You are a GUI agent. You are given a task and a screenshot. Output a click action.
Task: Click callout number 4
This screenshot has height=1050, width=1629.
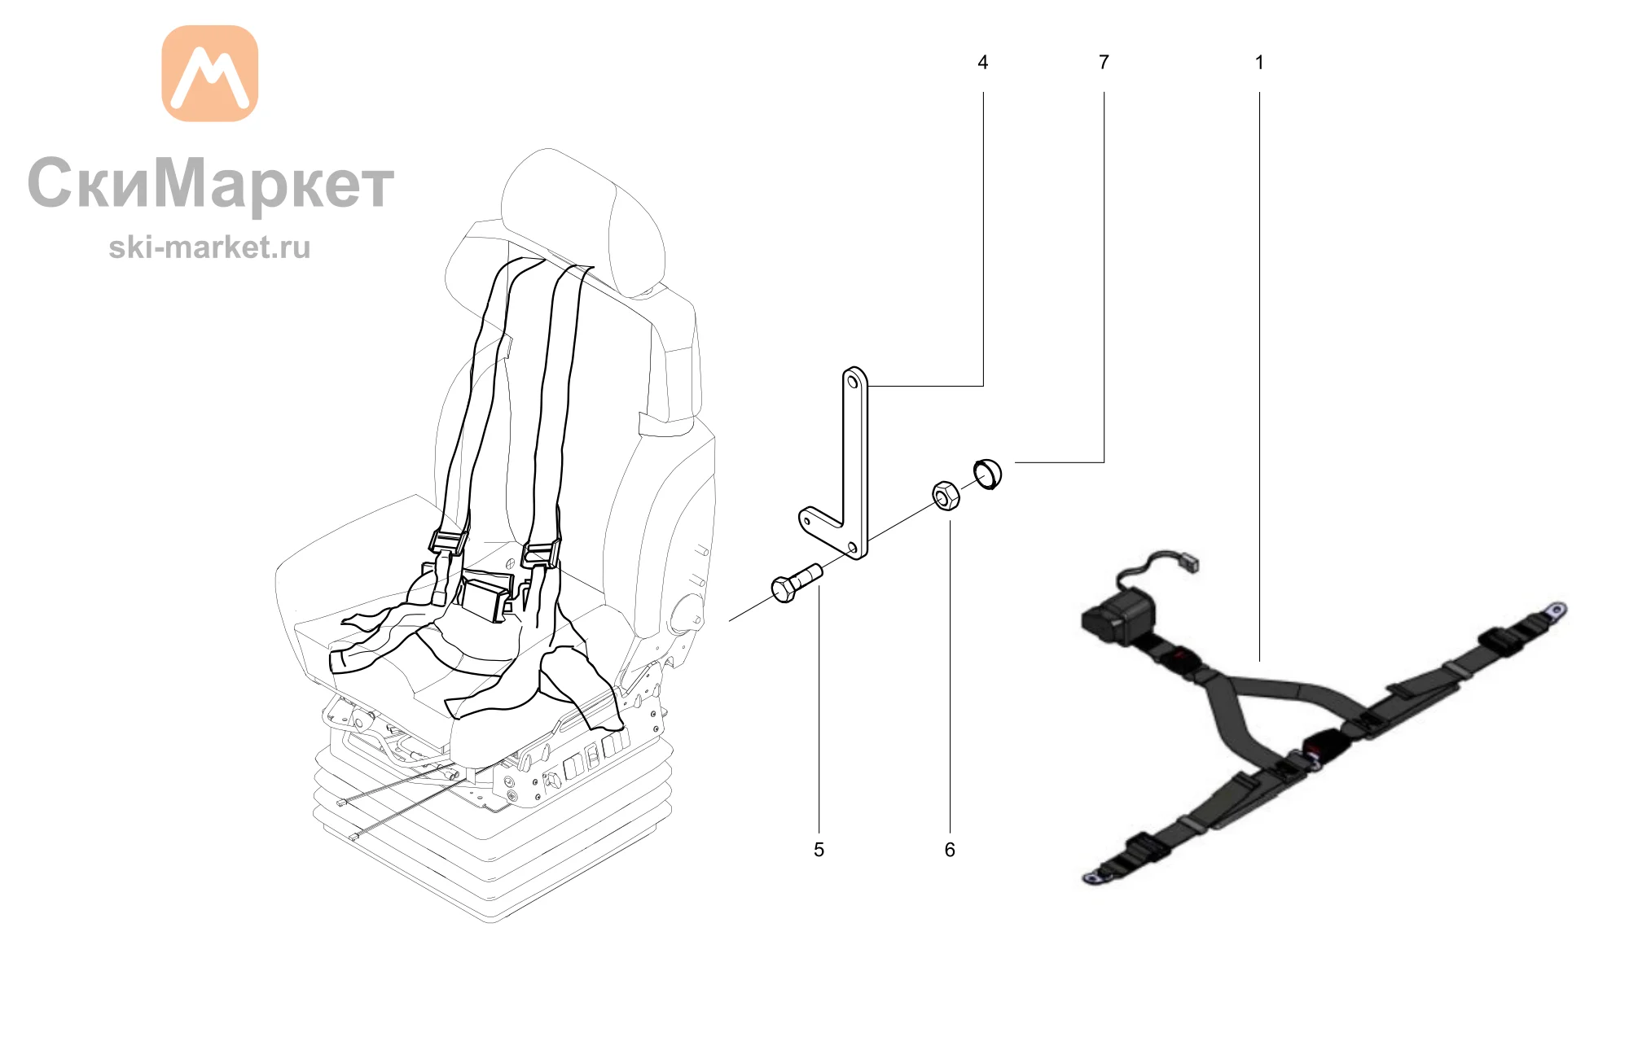pos(982,63)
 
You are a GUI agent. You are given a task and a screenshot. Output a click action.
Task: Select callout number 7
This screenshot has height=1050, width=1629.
pos(1104,63)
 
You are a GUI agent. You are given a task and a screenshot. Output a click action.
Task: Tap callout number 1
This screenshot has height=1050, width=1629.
pos(1259,63)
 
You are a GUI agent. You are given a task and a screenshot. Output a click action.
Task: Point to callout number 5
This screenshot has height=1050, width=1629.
pos(819,850)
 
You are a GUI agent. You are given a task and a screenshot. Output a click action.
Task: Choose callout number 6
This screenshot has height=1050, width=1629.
pos(950,850)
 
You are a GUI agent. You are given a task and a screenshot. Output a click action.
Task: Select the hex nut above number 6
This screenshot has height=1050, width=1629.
pos(946,496)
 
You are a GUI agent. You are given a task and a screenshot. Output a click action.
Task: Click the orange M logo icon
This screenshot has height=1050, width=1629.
pos(210,73)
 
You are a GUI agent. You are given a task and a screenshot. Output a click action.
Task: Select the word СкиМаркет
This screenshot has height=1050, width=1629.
pos(211,183)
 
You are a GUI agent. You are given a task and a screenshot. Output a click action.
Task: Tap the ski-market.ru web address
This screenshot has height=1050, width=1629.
pos(209,247)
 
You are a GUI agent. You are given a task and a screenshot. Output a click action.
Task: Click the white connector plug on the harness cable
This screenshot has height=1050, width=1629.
pos(1189,563)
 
